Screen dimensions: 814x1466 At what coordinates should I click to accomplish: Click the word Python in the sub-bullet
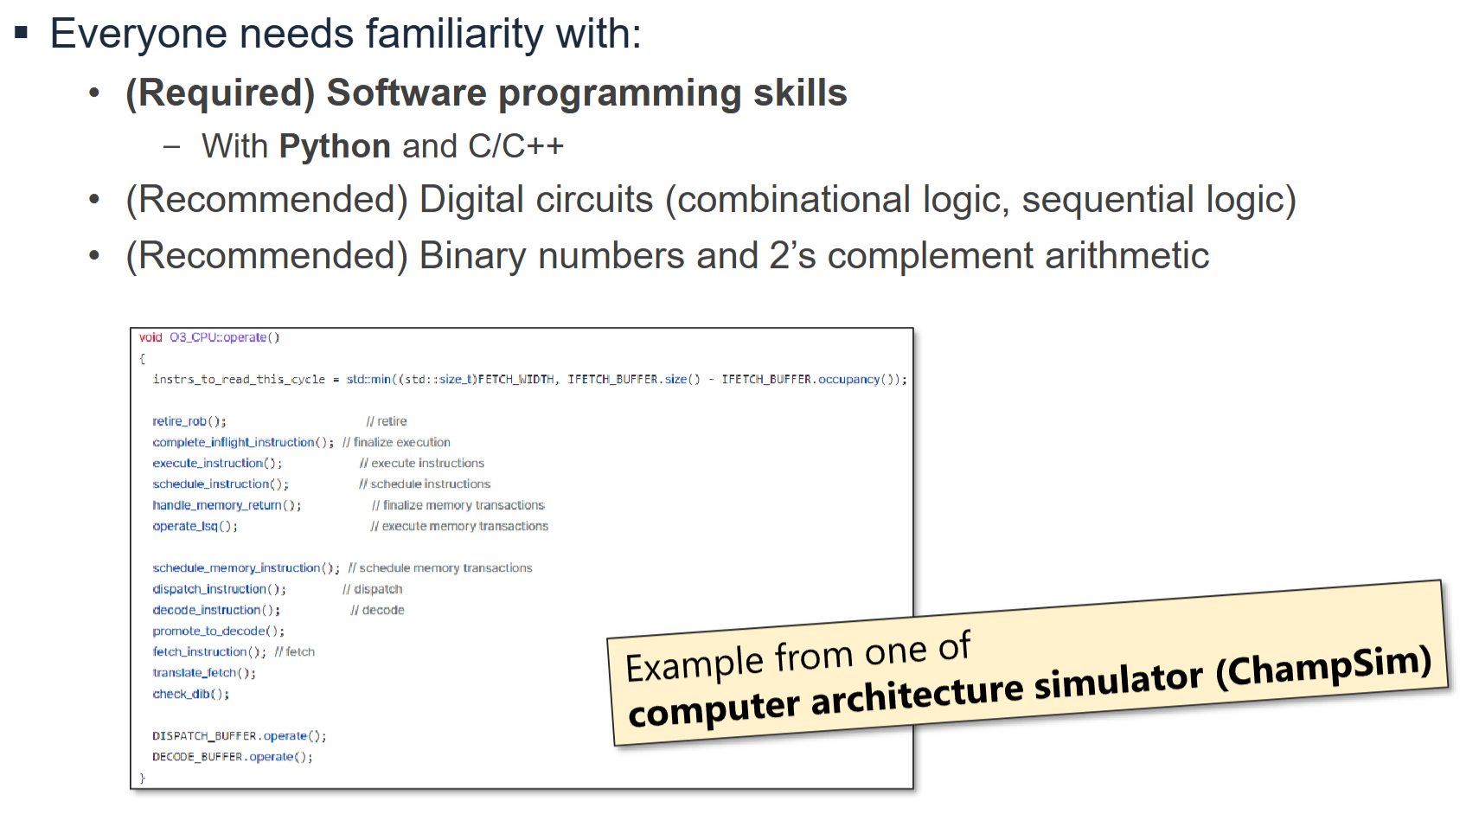(x=335, y=147)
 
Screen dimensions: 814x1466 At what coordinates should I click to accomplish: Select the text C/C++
(x=515, y=147)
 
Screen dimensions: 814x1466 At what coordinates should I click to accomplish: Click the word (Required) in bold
(x=220, y=93)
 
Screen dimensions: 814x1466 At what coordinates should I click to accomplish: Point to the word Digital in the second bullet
(x=471, y=200)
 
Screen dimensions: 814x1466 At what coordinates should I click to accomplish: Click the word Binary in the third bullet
(x=472, y=256)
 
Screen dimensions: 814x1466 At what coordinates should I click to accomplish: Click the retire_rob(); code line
(x=189, y=421)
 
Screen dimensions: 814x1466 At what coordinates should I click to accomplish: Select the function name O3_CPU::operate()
(x=224, y=337)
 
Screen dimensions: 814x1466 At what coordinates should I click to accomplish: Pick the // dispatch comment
(x=372, y=589)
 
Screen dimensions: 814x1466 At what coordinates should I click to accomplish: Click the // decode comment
(x=377, y=610)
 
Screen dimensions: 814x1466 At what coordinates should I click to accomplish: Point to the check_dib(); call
(x=190, y=694)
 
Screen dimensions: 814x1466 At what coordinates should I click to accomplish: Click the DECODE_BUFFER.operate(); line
(x=232, y=757)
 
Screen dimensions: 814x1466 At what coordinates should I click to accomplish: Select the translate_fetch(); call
(x=203, y=673)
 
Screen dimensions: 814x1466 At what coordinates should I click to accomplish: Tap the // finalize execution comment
(x=396, y=442)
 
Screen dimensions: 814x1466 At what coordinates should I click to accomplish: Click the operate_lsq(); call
(x=195, y=526)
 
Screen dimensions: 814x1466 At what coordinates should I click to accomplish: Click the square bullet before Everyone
(x=22, y=34)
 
